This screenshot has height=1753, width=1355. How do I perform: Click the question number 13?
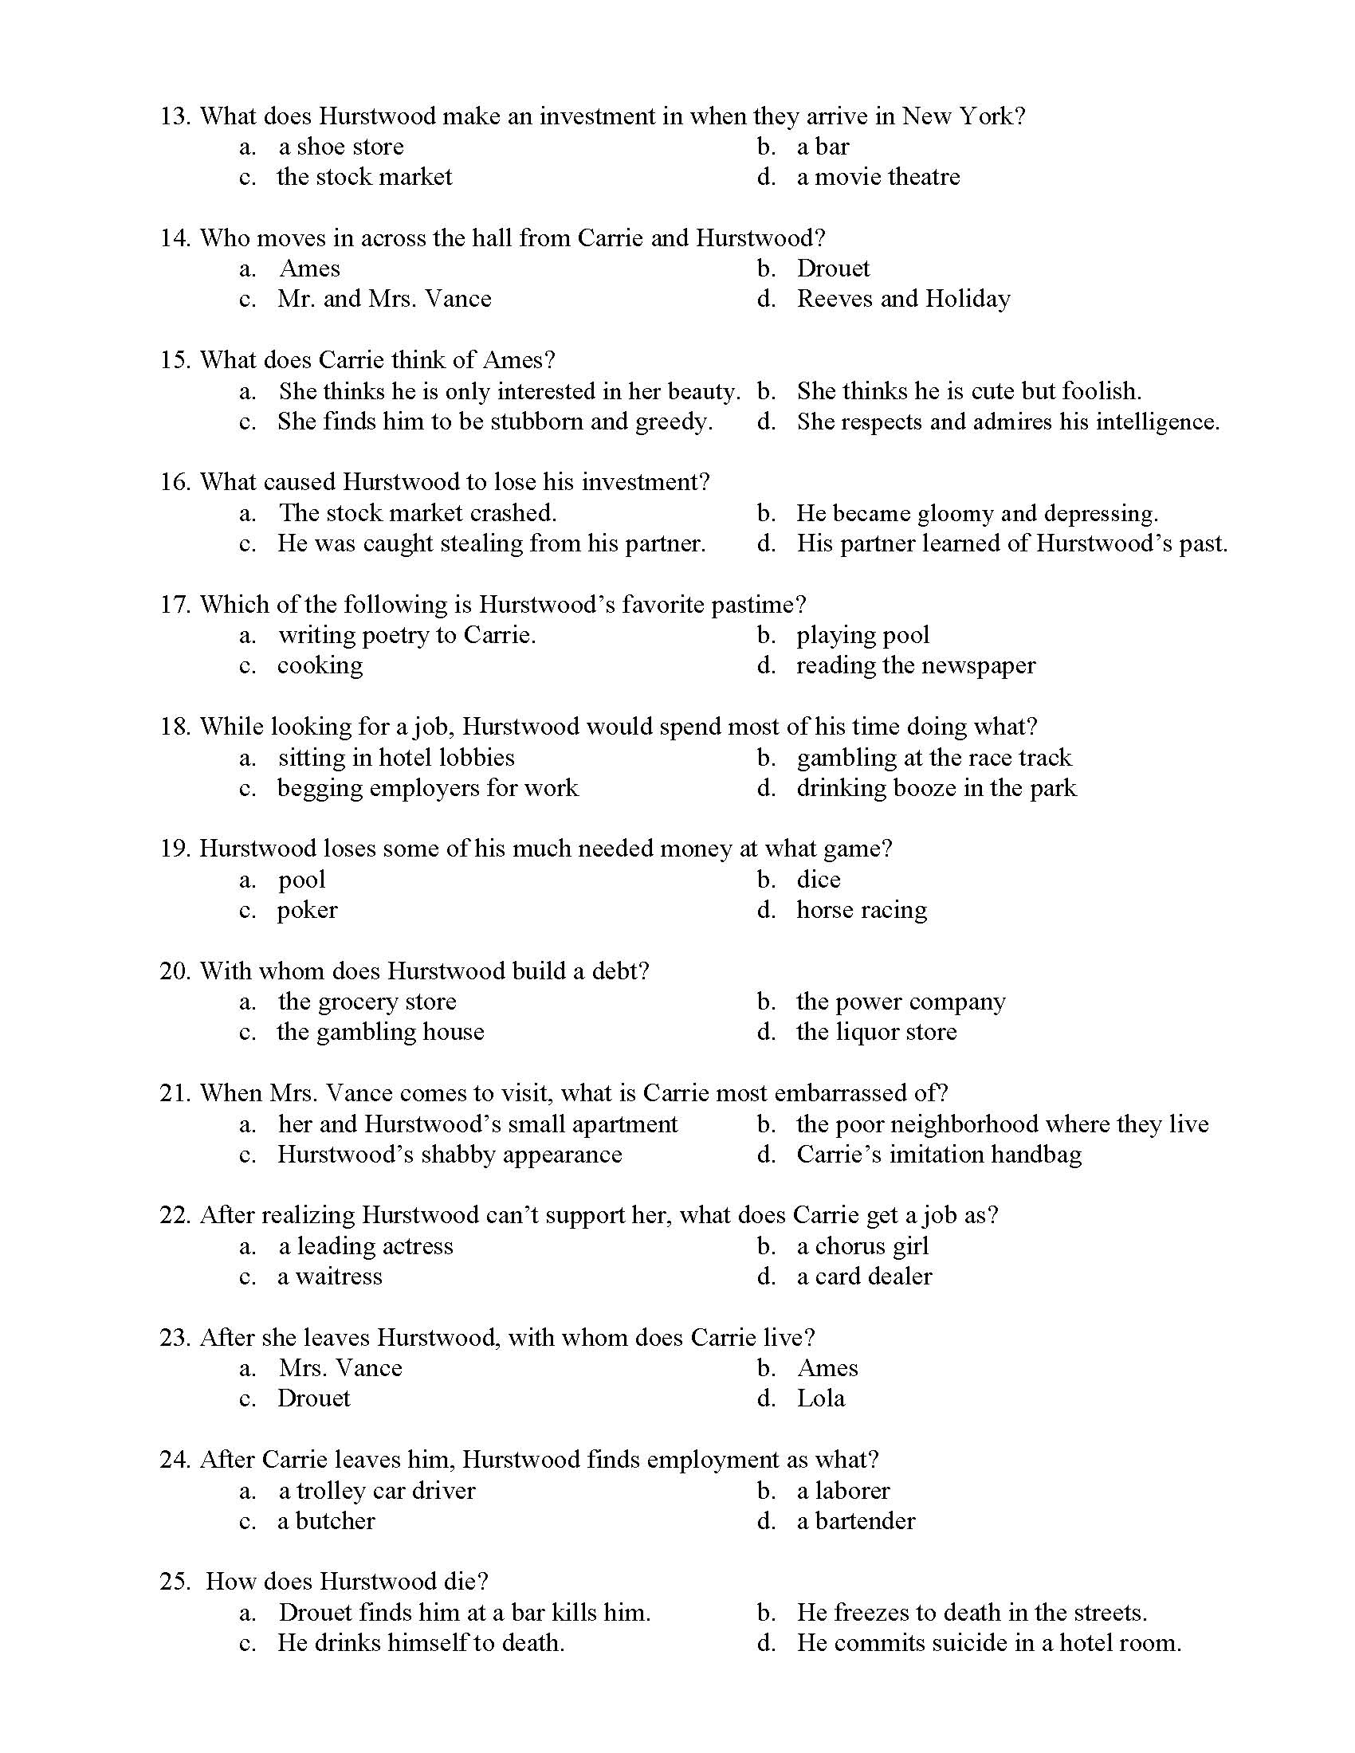[x=175, y=116]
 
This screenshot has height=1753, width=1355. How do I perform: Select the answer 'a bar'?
[x=822, y=147]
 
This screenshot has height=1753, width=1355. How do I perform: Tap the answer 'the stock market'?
[x=364, y=178]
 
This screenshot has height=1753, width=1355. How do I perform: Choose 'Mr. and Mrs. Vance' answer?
[x=383, y=300]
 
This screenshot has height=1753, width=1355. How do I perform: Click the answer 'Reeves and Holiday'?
[x=903, y=300]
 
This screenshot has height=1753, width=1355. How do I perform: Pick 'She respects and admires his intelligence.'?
[x=1007, y=422]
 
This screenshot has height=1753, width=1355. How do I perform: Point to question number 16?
[x=175, y=482]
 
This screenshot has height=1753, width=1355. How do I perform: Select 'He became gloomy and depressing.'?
[x=977, y=514]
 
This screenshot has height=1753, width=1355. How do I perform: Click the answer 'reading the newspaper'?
[x=915, y=666]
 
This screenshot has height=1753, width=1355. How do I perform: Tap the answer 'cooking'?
[x=320, y=666]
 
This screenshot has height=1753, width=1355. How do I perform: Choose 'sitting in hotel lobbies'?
[x=396, y=758]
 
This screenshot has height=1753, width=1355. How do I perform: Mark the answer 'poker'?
[x=308, y=910]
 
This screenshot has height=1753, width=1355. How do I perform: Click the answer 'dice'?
[x=818, y=880]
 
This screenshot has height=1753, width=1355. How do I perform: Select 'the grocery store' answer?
[x=367, y=1002]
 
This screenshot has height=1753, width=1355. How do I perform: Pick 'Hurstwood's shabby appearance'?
[x=450, y=1155]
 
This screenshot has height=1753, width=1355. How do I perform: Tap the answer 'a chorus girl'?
[x=862, y=1246]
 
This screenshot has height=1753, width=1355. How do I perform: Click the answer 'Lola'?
[x=820, y=1399]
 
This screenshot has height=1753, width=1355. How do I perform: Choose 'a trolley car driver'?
[x=376, y=1492]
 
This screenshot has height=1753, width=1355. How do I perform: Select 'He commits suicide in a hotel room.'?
[x=988, y=1644]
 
